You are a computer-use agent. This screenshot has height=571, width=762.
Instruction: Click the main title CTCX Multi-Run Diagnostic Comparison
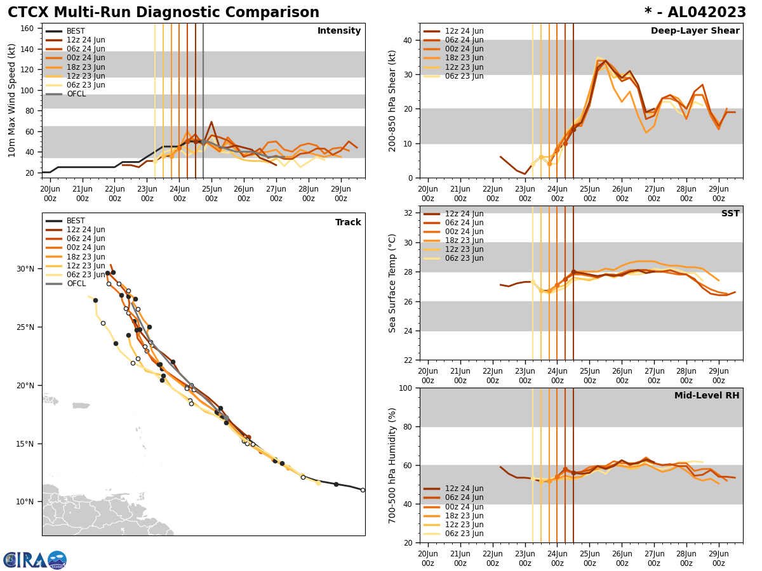pyautogui.click(x=163, y=13)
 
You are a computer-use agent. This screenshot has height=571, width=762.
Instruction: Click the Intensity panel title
pyautogui.click(x=338, y=31)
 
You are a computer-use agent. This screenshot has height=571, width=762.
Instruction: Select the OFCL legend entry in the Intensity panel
pyautogui.click(x=76, y=94)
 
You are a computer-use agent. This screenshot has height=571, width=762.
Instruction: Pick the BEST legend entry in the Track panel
pyautogui.click(x=75, y=221)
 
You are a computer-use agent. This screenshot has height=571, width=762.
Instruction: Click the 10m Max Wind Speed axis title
pyautogui.click(x=12, y=100)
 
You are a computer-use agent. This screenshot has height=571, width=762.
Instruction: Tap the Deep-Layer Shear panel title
pyautogui.click(x=695, y=31)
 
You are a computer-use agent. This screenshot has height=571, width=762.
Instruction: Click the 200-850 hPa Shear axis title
pyautogui.click(x=392, y=100)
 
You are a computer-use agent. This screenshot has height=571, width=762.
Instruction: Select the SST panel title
pyautogui.click(x=730, y=214)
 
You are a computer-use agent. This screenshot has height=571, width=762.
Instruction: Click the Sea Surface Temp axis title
pyautogui.click(x=392, y=283)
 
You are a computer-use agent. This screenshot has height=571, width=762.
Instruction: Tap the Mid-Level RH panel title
pyautogui.click(x=706, y=396)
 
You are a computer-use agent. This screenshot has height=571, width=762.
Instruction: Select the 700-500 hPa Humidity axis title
pyautogui.click(x=392, y=465)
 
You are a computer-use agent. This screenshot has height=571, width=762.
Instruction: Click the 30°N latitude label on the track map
pyautogui.click(x=25, y=269)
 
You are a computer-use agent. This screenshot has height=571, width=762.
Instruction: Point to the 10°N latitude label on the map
pyautogui.click(x=25, y=502)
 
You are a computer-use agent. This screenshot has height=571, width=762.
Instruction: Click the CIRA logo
pyautogui.click(x=34, y=560)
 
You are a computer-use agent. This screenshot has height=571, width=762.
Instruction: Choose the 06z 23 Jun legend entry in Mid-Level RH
pyautogui.click(x=464, y=534)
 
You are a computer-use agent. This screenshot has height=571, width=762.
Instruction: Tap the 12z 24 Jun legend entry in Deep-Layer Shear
pyautogui.click(x=464, y=31)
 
